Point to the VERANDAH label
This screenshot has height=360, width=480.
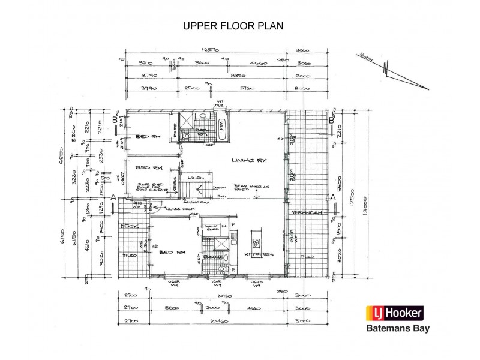click(305, 213)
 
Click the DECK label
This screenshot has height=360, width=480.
click(127, 226)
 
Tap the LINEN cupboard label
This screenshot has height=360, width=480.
click(193, 178)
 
